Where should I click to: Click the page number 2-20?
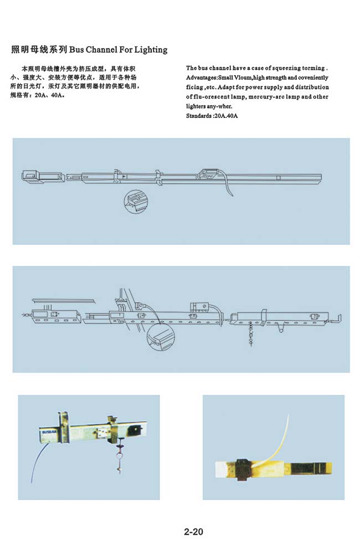pos(194,532)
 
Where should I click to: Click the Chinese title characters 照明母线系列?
pos(39,50)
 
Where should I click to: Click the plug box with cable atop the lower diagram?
pos(199,306)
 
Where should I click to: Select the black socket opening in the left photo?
pos(134,430)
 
